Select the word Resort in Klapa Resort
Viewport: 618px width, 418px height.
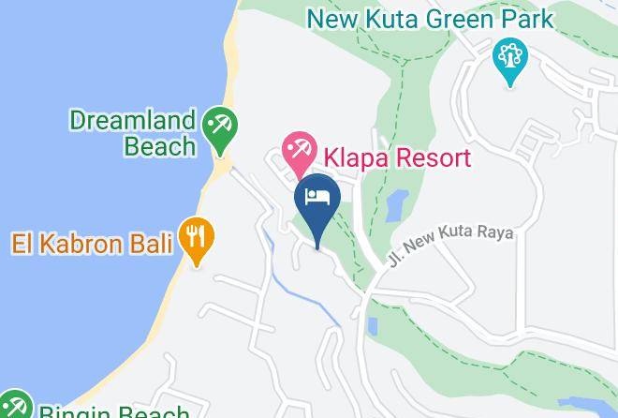click(432, 157)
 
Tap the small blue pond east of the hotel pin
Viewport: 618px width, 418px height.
click(396, 204)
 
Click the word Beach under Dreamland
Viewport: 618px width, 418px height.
click(160, 146)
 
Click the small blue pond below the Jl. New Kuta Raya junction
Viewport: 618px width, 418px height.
click(372, 327)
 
